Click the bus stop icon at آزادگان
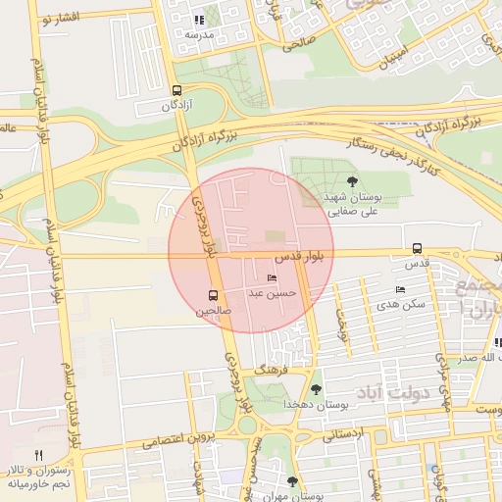click(176, 89)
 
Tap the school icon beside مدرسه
click(199, 19)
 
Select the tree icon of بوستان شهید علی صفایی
click(352, 180)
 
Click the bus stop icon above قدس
click(418, 249)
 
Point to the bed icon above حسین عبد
click(272, 278)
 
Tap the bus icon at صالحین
click(214, 295)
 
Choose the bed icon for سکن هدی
click(399, 290)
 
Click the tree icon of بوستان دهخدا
click(315, 389)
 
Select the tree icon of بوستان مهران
click(292, 480)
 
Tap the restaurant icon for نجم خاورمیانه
click(39, 455)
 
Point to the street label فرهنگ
click(269, 371)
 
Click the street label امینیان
click(384, 60)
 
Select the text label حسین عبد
click(291, 292)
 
